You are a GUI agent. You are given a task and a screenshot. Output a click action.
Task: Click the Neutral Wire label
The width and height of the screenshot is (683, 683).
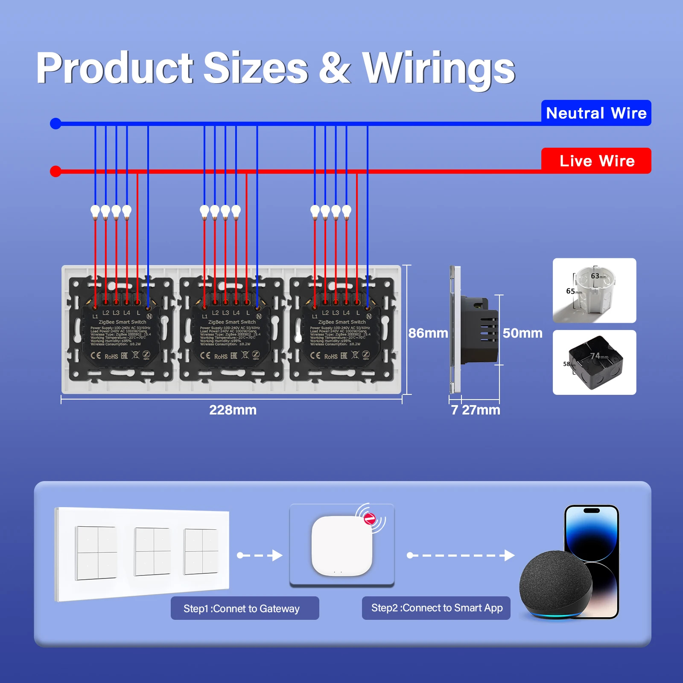coord(596,113)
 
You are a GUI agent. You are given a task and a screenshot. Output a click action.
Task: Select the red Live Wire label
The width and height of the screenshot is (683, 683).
coord(596,161)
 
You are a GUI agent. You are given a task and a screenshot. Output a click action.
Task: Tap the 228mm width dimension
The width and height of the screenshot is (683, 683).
coord(233,410)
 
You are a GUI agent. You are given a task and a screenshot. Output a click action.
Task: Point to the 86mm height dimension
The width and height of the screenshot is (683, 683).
coord(428,333)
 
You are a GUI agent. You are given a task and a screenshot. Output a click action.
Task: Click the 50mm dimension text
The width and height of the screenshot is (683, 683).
coord(522,333)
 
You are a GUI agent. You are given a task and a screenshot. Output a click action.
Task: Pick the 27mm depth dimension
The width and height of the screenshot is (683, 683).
coord(481,410)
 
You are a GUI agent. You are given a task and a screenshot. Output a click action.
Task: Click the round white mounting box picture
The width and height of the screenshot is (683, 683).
coord(594,290)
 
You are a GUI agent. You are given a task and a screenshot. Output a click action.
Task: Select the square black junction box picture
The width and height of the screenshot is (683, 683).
coord(594,362)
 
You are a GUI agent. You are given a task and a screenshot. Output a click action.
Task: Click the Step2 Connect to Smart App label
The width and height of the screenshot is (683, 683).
coord(436,608)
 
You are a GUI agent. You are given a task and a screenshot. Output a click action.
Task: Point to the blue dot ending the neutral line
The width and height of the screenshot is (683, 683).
coord(55,124)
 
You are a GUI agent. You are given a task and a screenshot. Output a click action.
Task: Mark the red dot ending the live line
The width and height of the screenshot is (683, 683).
coord(55,172)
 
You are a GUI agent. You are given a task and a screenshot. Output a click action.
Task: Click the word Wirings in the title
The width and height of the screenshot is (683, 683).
coord(438,68)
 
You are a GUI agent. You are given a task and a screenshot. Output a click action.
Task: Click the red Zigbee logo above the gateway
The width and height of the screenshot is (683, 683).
coord(369,519)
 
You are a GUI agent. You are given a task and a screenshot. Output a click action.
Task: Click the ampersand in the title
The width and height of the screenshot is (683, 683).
coord(335,68)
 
